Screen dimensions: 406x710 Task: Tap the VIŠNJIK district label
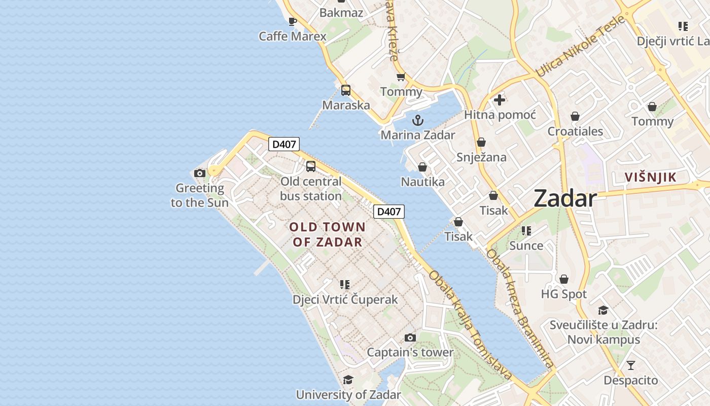click(x=650, y=177)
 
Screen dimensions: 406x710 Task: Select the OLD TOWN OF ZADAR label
click(x=327, y=234)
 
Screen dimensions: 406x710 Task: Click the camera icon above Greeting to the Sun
click(x=200, y=173)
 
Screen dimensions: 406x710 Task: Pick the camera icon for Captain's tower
click(x=410, y=337)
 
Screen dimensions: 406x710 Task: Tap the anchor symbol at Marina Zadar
click(x=417, y=120)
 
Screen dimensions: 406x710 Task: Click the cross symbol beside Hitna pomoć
click(x=500, y=99)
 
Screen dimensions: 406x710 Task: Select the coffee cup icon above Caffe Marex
click(x=293, y=21)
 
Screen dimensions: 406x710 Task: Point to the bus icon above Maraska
click(x=346, y=90)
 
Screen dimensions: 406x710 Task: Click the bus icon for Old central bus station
click(x=311, y=166)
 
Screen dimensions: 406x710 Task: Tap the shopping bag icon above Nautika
click(x=422, y=167)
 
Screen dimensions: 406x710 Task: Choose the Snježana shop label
click(x=481, y=157)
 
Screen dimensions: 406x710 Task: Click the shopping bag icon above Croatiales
click(x=575, y=117)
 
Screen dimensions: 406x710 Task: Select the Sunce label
click(x=526, y=246)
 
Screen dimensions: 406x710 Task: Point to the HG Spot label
click(x=563, y=294)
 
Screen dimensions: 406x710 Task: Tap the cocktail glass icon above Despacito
click(x=630, y=365)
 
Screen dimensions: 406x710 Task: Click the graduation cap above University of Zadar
click(x=348, y=380)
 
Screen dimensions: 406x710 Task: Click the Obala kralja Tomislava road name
click(x=470, y=325)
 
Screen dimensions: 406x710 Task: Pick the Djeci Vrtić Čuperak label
click(x=345, y=299)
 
